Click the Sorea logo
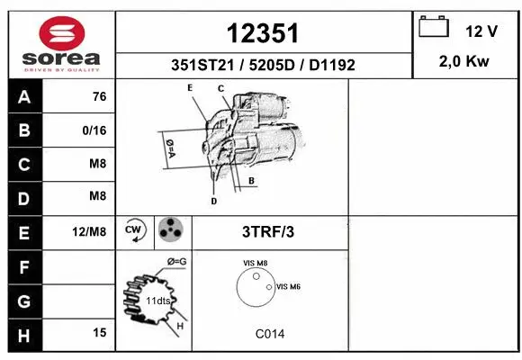(62, 45)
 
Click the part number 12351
(263, 34)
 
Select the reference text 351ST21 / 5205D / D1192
(263, 65)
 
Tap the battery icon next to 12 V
(434, 29)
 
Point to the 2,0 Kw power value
(463, 61)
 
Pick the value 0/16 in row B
(94, 130)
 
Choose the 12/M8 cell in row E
(90, 231)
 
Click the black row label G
(24, 300)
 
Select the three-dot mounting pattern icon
(170, 231)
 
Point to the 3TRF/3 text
(268, 231)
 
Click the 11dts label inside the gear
(158, 300)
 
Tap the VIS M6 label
(288, 286)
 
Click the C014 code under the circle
(269, 334)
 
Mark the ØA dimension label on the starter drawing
(168, 148)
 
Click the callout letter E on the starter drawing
(190, 87)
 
